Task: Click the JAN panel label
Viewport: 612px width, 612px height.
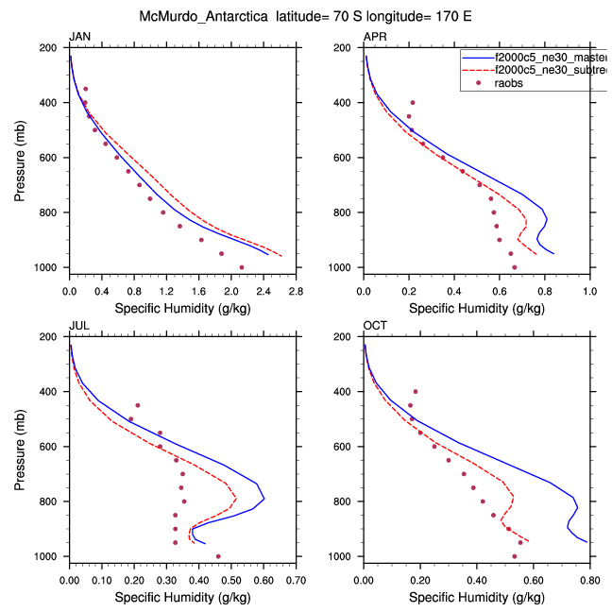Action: (x=79, y=37)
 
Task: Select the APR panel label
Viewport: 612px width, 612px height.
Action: (x=375, y=37)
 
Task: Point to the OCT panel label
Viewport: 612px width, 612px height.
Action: (x=375, y=326)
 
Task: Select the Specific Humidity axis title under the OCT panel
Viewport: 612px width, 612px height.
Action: (x=477, y=597)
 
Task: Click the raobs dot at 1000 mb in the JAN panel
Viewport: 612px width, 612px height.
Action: (x=242, y=267)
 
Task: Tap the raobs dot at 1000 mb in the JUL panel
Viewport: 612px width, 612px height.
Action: (x=218, y=556)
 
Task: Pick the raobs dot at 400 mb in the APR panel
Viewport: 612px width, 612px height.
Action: (x=413, y=102)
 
